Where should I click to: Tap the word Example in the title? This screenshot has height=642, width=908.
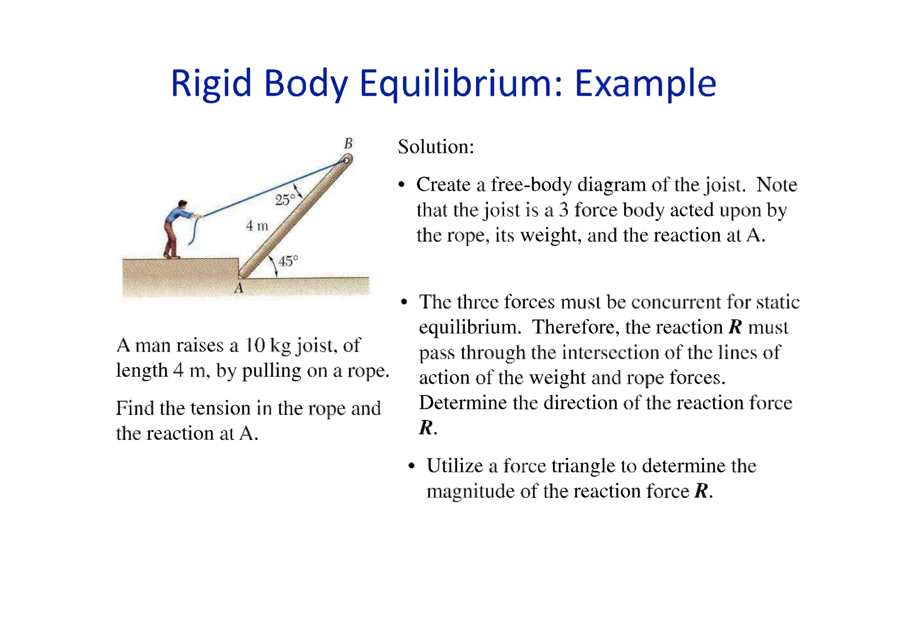[645, 83]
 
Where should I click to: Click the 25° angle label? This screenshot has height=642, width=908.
[285, 200]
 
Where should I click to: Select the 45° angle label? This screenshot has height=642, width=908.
[288, 261]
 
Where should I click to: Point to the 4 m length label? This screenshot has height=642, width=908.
[257, 226]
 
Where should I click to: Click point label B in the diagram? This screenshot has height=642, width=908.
[348, 143]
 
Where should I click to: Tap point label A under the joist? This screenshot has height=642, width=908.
[239, 289]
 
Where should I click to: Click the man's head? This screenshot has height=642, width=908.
[182, 204]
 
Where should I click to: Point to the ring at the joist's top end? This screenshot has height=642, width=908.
[346, 160]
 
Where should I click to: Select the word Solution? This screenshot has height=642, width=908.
[436, 147]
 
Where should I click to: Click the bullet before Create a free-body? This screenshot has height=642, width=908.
[402, 185]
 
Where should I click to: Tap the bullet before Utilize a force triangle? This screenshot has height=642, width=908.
[412, 466]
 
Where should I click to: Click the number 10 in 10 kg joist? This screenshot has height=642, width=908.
[255, 345]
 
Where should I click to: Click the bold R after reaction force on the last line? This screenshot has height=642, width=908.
[701, 491]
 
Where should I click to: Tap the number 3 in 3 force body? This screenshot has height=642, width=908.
[564, 210]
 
